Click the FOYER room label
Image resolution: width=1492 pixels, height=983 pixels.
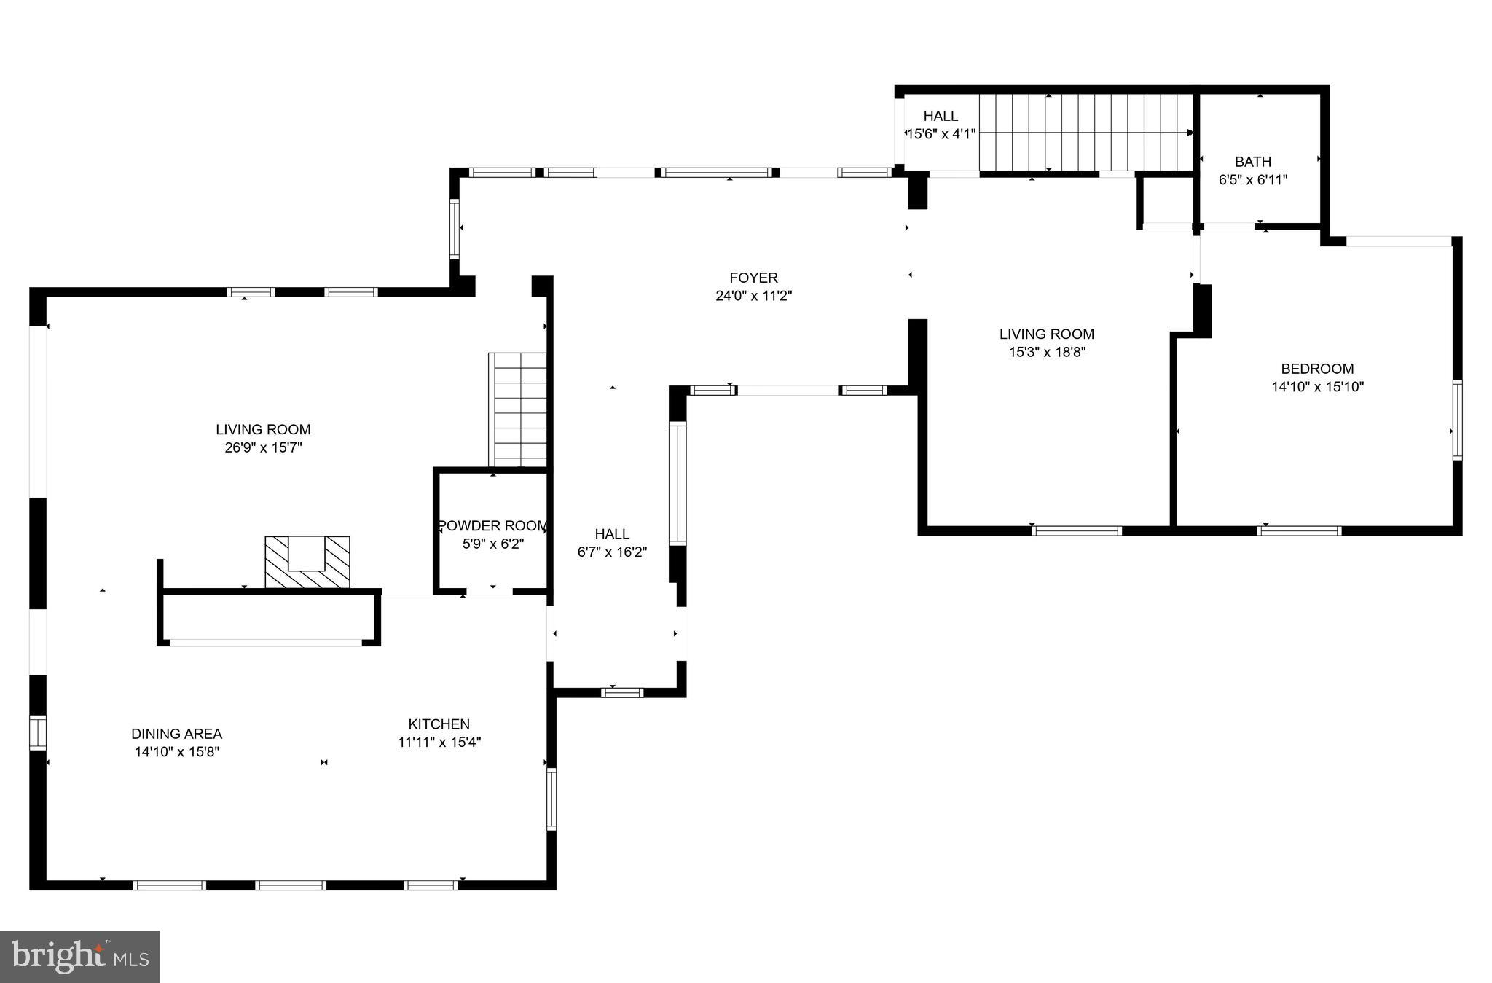click(753, 278)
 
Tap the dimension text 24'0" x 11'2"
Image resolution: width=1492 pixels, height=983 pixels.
click(753, 296)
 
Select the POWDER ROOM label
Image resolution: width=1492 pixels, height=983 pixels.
click(492, 525)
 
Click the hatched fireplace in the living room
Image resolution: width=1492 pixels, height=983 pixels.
click(307, 562)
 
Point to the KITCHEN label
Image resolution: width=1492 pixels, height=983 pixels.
click(439, 724)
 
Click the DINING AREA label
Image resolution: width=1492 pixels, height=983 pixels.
click(176, 734)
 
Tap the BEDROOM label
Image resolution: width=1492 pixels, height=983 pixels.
click(1317, 369)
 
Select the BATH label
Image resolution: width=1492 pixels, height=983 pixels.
click(1253, 162)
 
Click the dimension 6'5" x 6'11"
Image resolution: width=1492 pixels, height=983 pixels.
click(1253, 179)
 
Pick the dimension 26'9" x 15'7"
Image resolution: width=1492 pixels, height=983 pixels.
click(263, 447)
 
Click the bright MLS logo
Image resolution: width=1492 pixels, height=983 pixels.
click(79, 956)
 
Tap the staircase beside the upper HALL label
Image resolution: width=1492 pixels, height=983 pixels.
click(1085, 133)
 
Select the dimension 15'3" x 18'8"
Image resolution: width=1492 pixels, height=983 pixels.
click(1046, 352)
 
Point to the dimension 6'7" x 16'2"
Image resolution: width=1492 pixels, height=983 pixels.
click(612, 552)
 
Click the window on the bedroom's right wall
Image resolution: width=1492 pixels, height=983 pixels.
click(1457, 420)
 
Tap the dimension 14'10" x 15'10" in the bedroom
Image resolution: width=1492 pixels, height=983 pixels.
click(1317, 387)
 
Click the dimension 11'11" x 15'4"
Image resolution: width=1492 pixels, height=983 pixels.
click(439, 742)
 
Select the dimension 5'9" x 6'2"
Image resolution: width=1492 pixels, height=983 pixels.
click(492, 544)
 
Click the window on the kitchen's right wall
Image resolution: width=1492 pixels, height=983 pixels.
click(551, 799)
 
